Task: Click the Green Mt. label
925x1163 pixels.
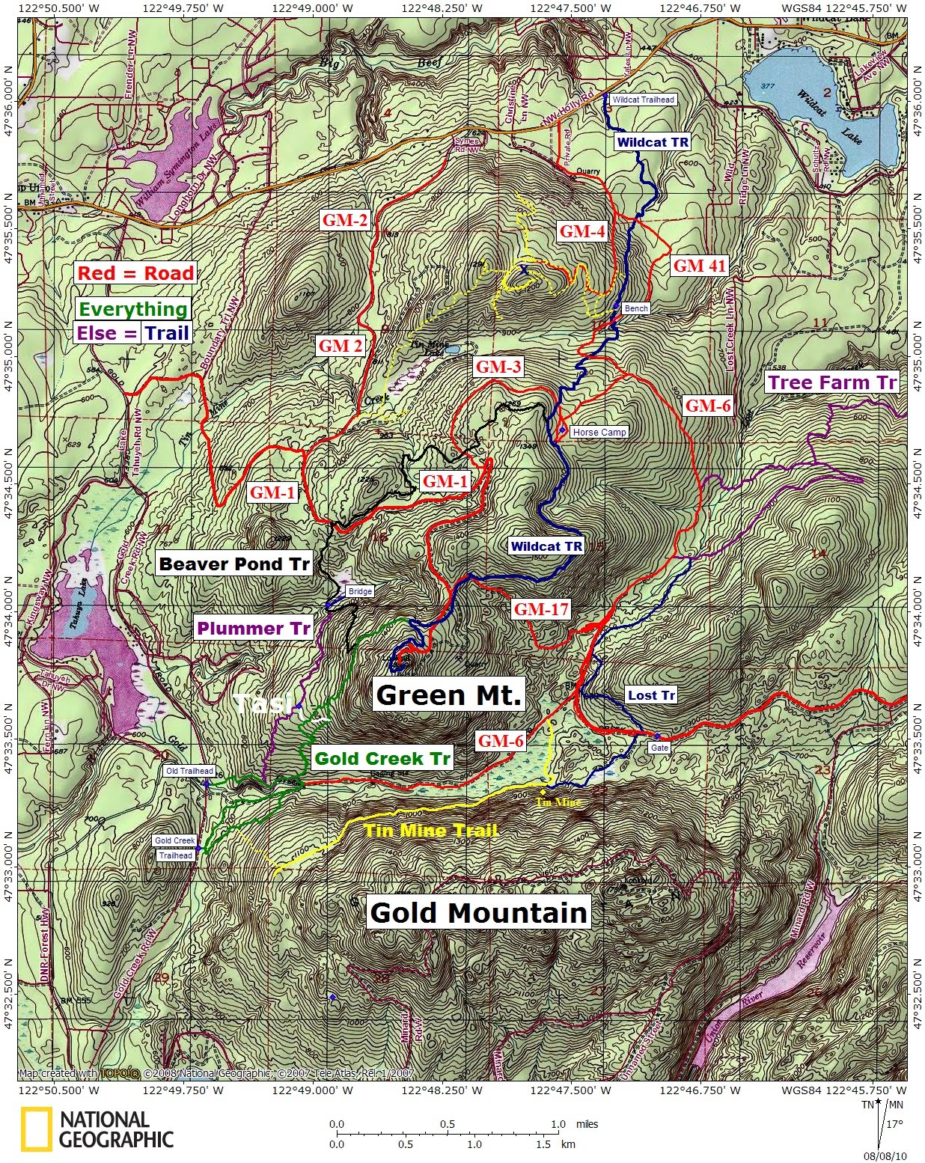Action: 448,695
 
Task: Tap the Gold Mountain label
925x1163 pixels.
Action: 478,912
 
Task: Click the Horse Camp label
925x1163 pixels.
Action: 598,432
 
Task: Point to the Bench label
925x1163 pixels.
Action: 638,308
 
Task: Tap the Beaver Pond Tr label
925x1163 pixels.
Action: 234,564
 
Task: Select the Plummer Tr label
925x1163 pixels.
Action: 253,629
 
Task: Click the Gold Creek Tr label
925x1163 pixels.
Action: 382,758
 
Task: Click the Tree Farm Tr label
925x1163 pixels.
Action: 831,383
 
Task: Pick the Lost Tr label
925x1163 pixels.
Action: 651,695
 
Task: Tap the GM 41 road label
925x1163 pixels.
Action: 699,265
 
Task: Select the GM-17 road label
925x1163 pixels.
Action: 540,609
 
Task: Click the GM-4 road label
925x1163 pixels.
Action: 581,231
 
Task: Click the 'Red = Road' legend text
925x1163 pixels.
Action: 135,273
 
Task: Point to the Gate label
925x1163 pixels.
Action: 659,748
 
